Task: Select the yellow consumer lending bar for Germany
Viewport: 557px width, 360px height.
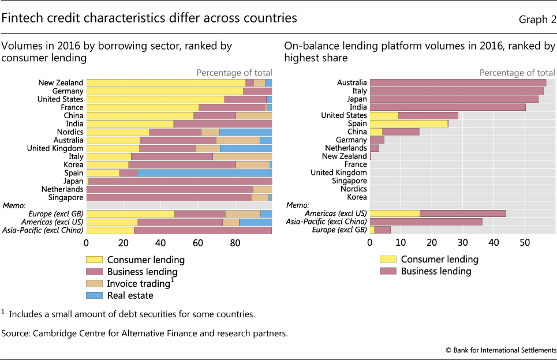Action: (165, 91)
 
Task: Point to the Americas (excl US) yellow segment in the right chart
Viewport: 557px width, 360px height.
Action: (395, 213)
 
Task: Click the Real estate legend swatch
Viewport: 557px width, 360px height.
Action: (94, 296)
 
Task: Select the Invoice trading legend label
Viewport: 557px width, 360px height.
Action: (139, 284)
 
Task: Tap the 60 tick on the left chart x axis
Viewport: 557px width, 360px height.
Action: (198, 243)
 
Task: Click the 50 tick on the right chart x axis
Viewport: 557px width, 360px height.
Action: (524, 243)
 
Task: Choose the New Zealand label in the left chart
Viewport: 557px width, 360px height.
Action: (61, 83)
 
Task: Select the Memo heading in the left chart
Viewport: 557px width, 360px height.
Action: (13, 205)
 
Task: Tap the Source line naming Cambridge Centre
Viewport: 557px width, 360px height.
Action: (144, 333)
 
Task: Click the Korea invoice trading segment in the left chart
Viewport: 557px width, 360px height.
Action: (253, 164)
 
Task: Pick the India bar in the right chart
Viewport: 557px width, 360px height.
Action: (447, 107)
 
